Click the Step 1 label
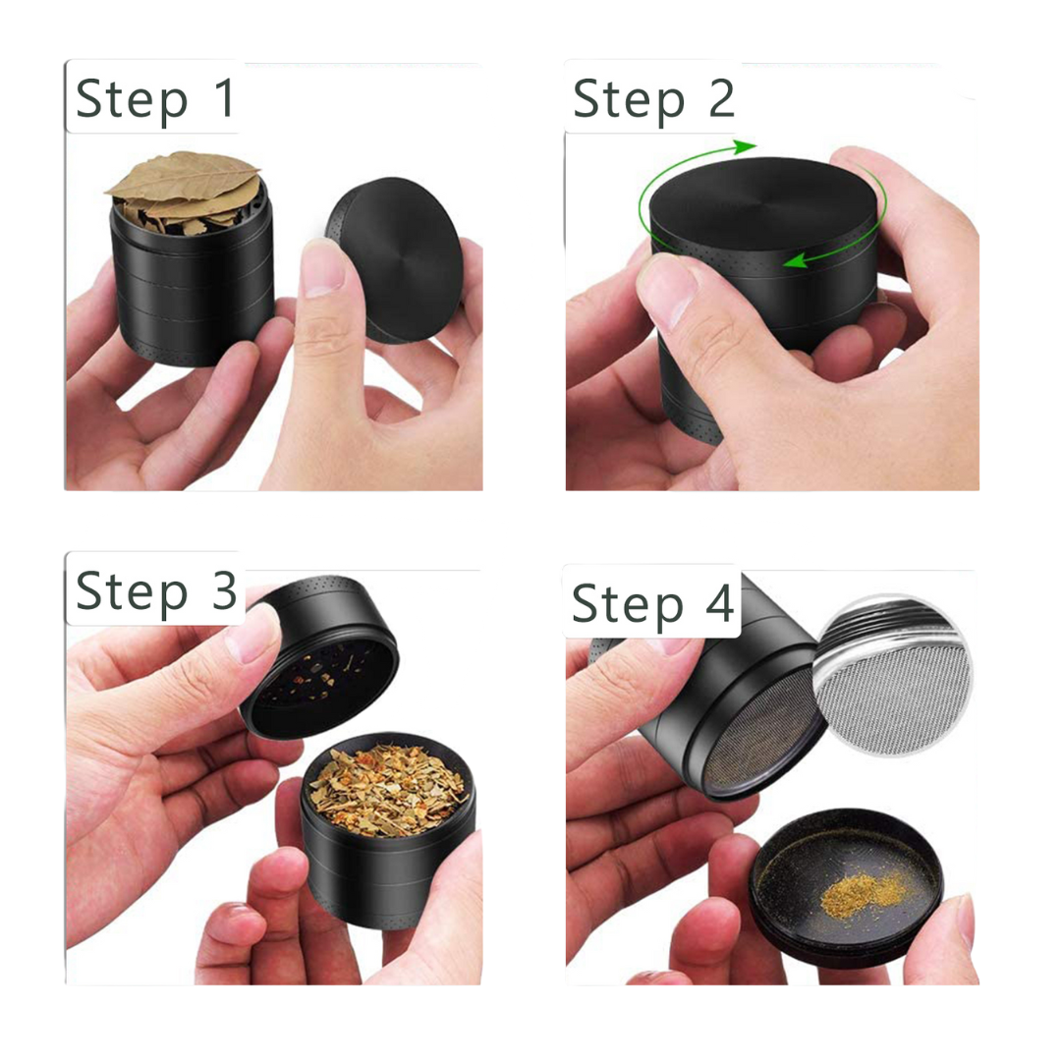(155, 98)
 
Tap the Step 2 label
(652, 98)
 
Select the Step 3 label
(155, 591)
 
